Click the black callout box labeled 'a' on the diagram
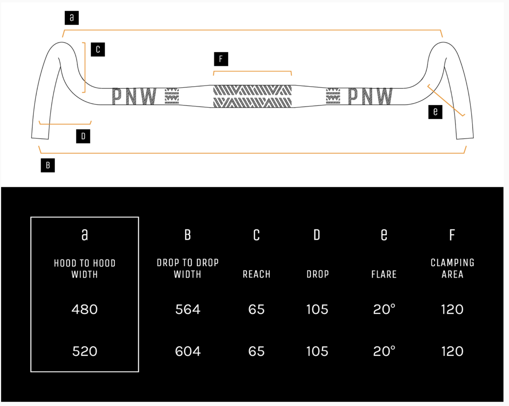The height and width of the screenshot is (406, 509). (72, 17)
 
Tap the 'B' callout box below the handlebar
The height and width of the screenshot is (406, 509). (48, 165)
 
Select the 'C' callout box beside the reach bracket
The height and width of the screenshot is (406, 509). (98, 50)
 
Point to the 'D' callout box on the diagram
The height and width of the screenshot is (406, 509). (83, 136)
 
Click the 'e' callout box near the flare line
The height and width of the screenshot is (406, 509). (435, 112)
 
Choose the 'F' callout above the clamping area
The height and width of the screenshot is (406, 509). (221, 59)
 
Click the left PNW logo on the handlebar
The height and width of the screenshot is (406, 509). (134, 96)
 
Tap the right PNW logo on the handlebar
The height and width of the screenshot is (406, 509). (370, 96)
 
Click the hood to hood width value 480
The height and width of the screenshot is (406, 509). (85, 309)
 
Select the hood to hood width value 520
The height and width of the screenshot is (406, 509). (85, 351)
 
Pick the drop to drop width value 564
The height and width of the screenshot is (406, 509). (188, 309)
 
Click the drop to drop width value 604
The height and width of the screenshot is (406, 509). (188, 351)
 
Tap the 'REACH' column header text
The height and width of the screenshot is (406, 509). (256, 274)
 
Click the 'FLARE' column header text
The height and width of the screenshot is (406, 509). (384, 274)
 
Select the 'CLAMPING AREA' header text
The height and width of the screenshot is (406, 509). (452, 269)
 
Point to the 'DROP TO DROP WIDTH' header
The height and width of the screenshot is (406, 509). (188, 269)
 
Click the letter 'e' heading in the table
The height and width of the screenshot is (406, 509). (384, 235)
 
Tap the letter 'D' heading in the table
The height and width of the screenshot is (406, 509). (317, 235)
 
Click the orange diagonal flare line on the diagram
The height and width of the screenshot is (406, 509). (446, 100)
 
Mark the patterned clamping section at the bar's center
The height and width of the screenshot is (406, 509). (253, 96)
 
